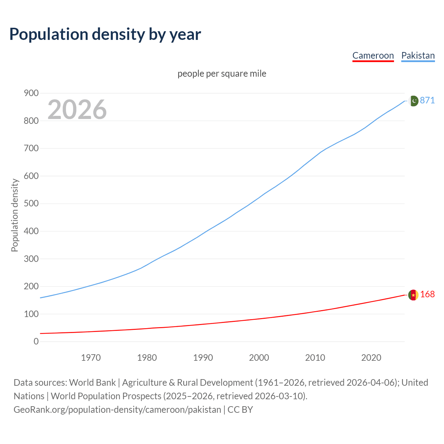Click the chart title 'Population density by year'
click(105, 34)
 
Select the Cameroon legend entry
click(373, 55)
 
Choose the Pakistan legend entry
click(418, 55)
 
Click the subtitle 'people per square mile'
click(222, 74)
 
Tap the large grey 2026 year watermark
click(77, 110)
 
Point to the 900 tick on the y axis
click(31, 93)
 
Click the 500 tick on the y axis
click(31, 203)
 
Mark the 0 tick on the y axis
click(36, 341)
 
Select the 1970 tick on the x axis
click(91, 358)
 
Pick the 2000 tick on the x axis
click(259, 358)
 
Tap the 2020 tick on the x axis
click(371, 358)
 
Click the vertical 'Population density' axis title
click(15, 215)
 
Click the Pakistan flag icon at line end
click(413, 101)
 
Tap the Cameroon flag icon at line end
click(413, 295)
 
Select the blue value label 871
click(427, 100)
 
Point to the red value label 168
click(427, 294)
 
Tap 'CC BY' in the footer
click(240, 409)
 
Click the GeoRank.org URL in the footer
click(117, 409)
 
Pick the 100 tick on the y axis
click(31, 314)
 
